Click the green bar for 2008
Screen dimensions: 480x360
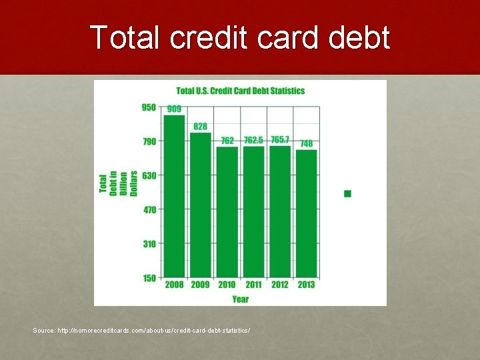point(174,196)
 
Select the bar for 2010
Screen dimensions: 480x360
point(227,212)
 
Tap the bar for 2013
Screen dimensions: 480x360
point(307,214)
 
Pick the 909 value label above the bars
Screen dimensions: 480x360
point(174,109)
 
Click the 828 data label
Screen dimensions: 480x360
point(201,127)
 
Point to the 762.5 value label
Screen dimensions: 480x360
point(253,140)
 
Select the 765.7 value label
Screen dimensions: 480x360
point(280,139)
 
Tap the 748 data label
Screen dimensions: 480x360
point(307,143)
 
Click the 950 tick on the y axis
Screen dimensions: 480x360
point(149,107)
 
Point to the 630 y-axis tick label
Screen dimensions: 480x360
point(149,176)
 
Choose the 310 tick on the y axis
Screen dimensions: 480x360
point(149,244)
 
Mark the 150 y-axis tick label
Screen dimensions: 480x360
point(149,278)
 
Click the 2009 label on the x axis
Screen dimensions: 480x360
point(201,285)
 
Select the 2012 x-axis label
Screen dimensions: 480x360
point(280,285)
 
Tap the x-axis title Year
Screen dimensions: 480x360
point(240,299)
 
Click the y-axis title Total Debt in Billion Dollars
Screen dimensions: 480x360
point(118,183)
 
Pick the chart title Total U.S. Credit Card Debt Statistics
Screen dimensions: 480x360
point(241,91)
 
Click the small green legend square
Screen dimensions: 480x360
point(347,194)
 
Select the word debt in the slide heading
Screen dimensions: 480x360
point(359,37)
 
